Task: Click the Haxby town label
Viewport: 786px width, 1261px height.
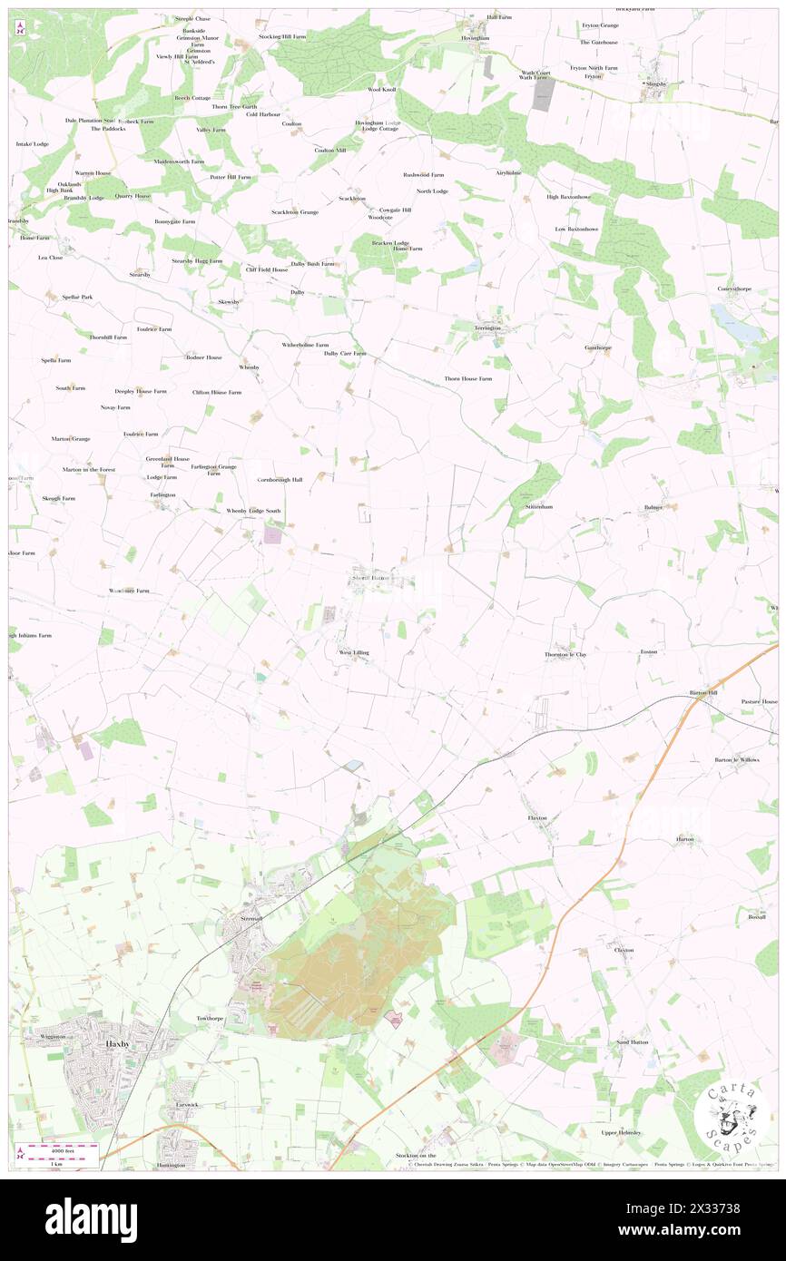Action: pyautogui.click(x=118, y=1044)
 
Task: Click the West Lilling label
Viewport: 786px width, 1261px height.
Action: pyautogui.click(x=354, y=652)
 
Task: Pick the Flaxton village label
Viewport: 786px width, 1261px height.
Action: pyautogui.click(x=538, y=817)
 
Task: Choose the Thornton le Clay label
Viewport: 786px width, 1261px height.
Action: pyautogui.click(x=565, y=654)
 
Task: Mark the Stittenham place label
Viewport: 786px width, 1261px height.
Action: pyautogui.click(x=539, y=507)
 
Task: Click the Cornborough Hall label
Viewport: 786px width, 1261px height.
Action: pyautogui.click(x=280, y=479)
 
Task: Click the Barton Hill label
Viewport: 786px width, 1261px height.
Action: pyautogui.click(x=703, y=692)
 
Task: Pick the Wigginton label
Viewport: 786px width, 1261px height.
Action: pyautogui.click(x=54, y=1036)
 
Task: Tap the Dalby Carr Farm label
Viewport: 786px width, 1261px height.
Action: pyautogui.click(x=345, y=353)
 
